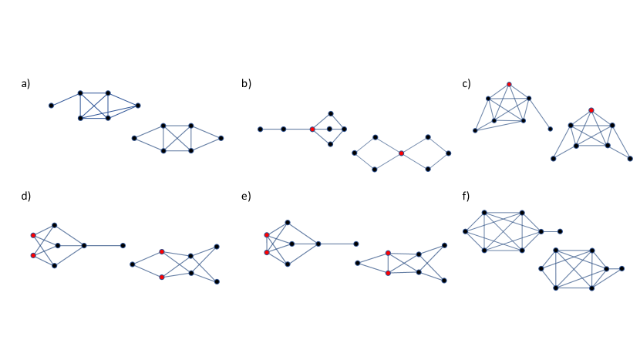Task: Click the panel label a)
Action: (x=25, y=82)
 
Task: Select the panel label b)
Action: (x=246, y=82)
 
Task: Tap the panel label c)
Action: (x=466, y=82)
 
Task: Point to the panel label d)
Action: (x=25, y=197)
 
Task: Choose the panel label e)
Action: (x=246, y=197)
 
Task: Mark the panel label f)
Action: (x=466, y=197)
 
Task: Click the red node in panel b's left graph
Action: (x=312, y=130)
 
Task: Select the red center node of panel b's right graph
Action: (x=402, y=153)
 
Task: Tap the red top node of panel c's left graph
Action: (x=509, y=84)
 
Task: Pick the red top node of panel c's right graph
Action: (x=591, y=110)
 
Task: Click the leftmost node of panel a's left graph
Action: (x=52, y=105)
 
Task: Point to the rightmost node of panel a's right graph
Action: (x=221, y=138)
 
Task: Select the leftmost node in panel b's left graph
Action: (x=260, y=130)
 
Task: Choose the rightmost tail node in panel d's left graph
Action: (x=123, y=245)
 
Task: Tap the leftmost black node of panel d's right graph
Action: (x=133, y=264)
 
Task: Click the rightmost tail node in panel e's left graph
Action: (x=356, y=244)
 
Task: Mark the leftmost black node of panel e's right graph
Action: (x=357, y=263)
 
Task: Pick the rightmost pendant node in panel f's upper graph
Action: (x=561, y=230)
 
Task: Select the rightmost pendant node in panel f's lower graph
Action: (x=623, y=268)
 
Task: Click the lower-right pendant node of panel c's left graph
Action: (x=550, y=130)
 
